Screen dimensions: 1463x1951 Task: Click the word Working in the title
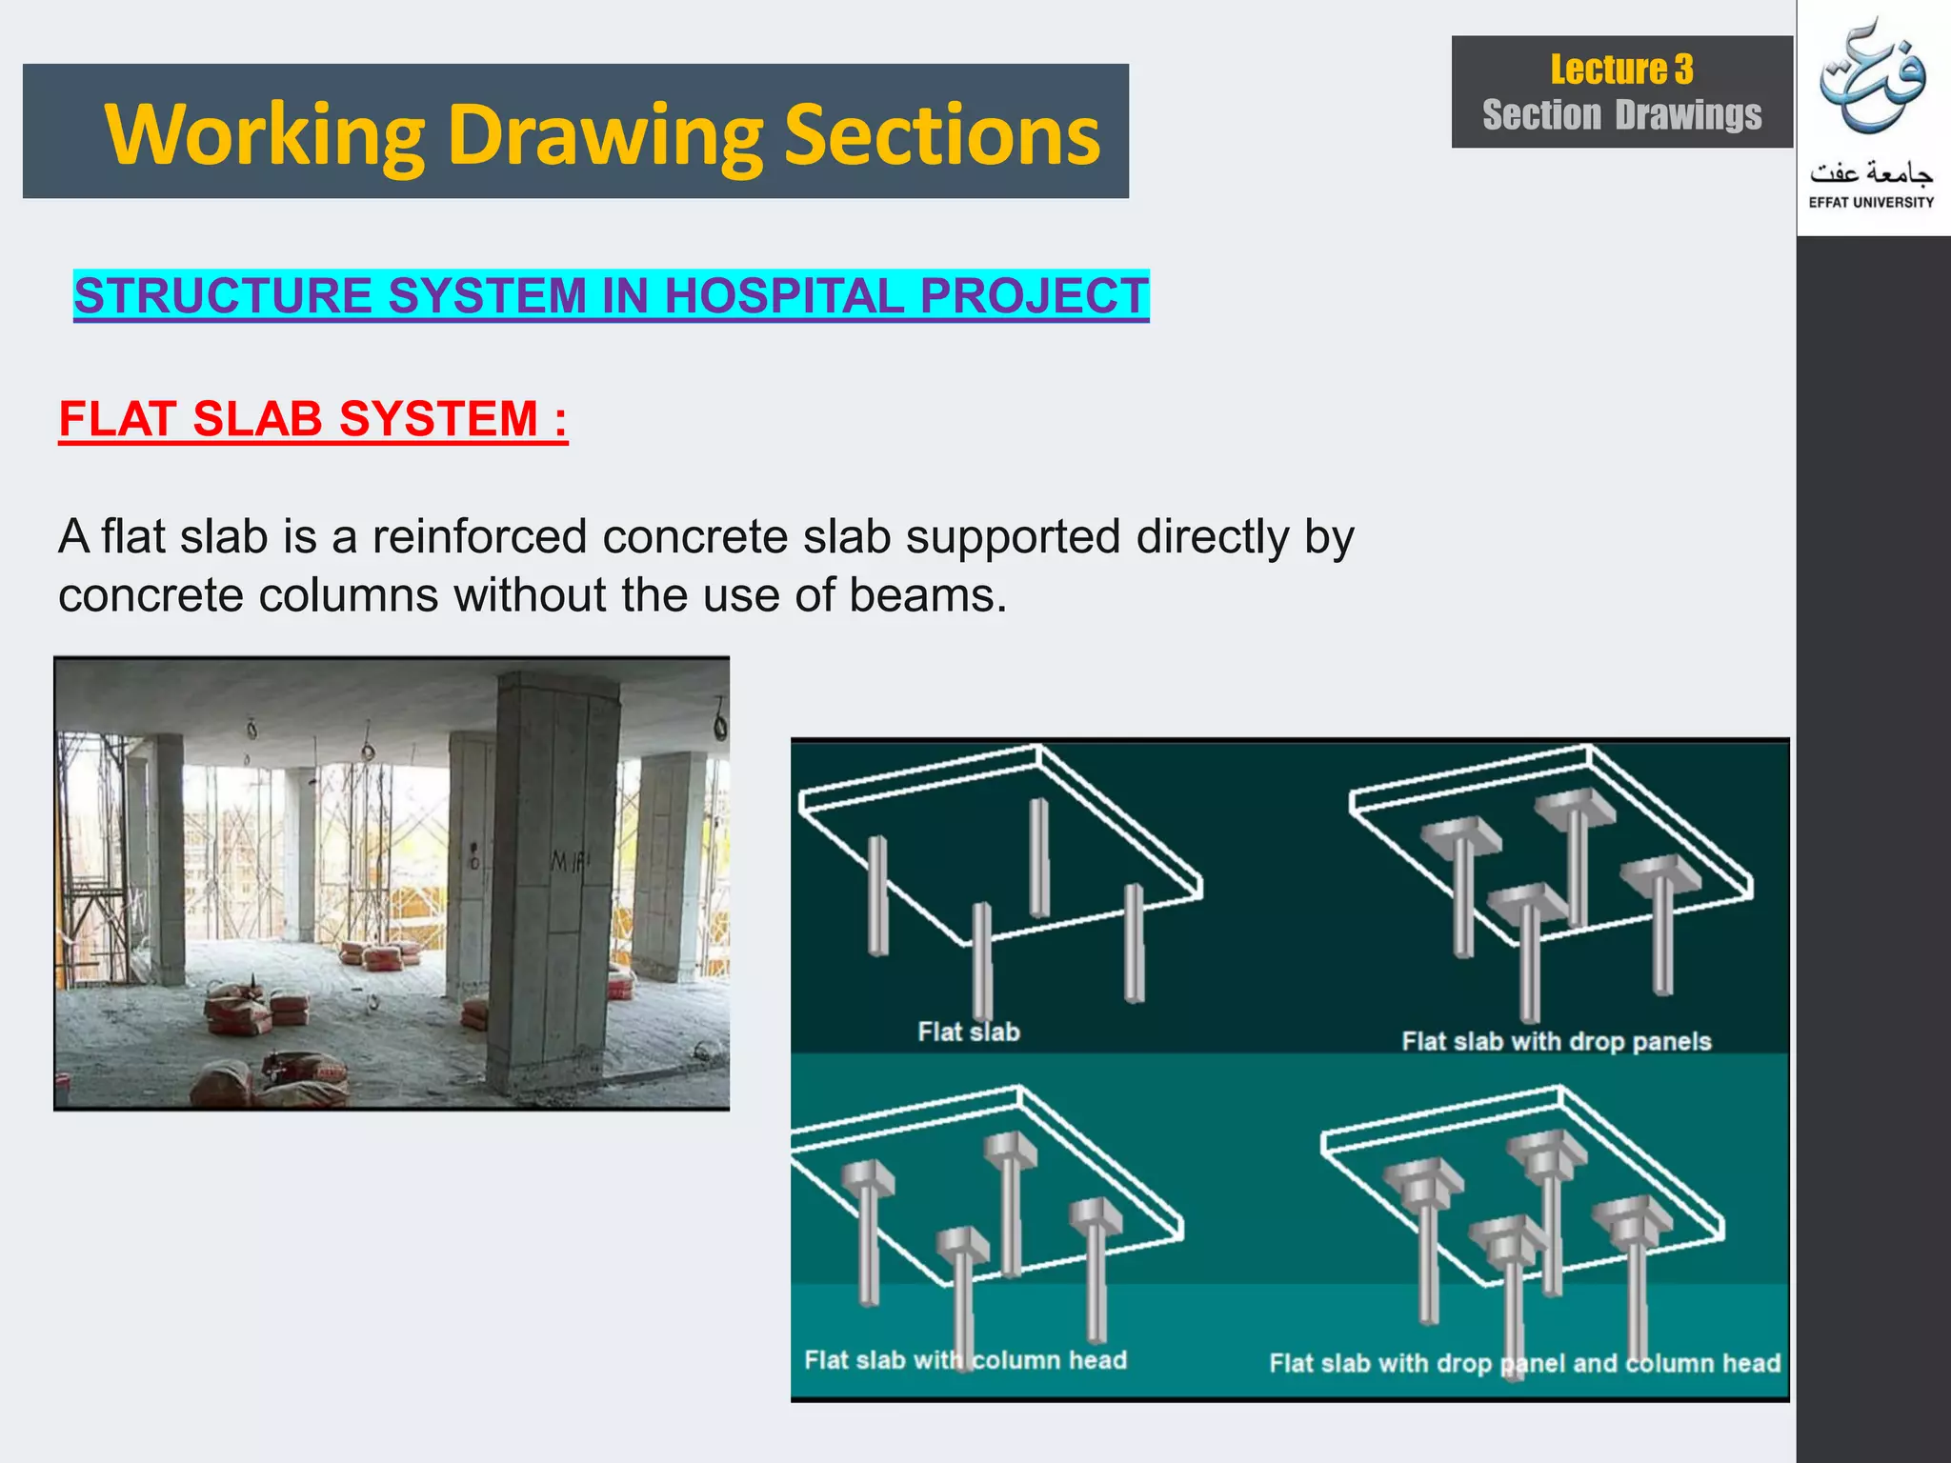[265, 135]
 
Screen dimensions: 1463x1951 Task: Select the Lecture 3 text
[1621, 70]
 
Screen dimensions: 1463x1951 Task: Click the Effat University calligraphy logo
[1872, 81]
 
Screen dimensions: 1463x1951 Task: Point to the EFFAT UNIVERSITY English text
[1871, 202]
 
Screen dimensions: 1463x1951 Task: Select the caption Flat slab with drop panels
[1557, 1041]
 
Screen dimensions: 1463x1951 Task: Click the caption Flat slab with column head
[965, 1360]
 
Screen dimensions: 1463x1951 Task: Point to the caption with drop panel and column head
[1524, 1363]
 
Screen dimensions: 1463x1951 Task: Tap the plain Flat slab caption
[969, 1032]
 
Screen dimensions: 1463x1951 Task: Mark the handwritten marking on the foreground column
[570, 863]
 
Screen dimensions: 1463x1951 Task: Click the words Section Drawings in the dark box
[1621, 115]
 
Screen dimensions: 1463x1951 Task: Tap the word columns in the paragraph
[349, 595]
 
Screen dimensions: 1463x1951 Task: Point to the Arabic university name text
[1871, 173]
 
